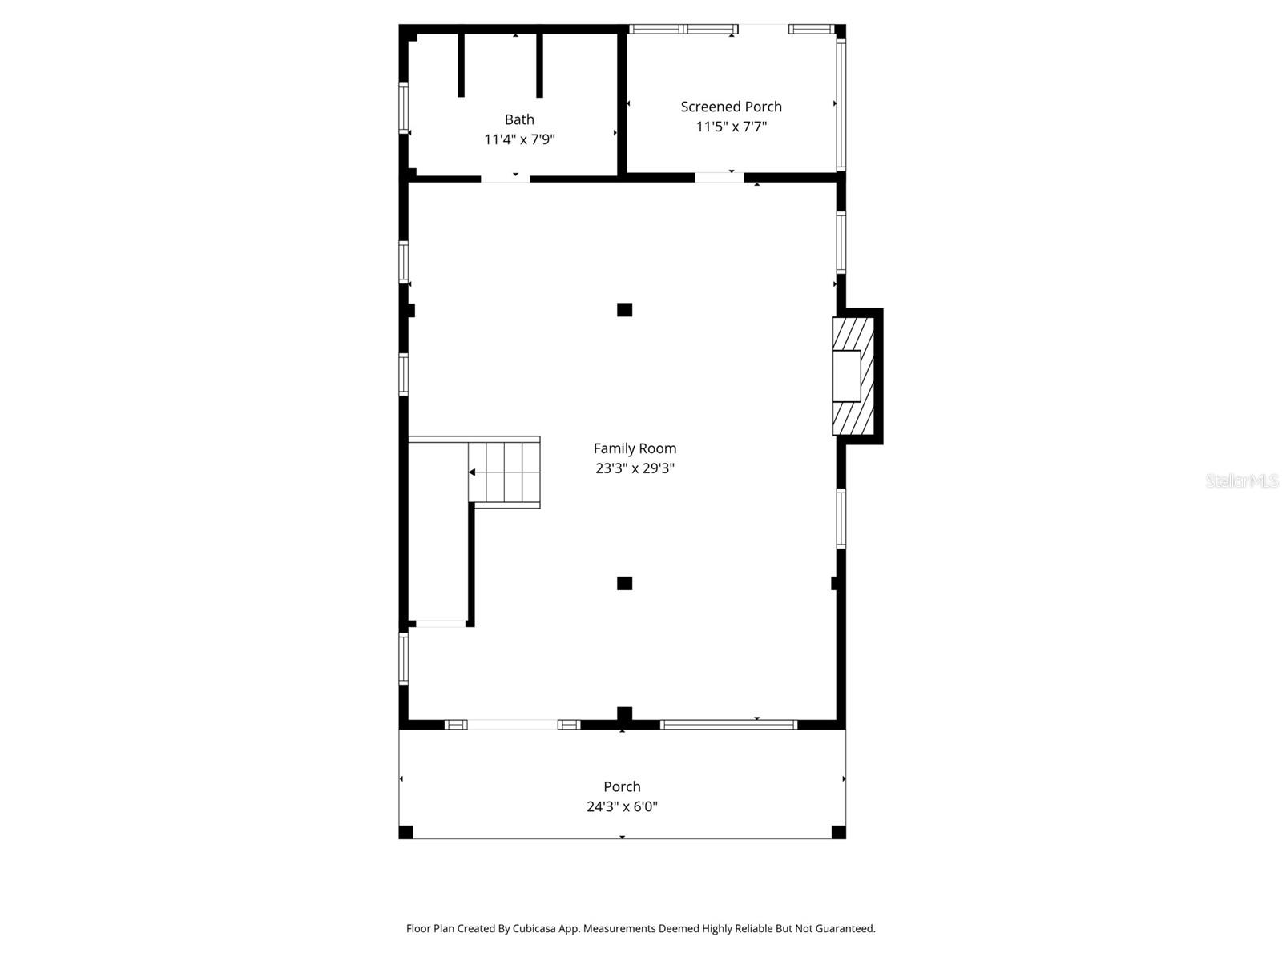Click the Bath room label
pyautogui.click(x=519, y=119)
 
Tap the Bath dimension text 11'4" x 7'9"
pyautogui.click(x=519, y=139)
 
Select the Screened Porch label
pyautogui.click(x=731, y=107)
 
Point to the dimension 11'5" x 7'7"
pyautogui.click(x=731, y=127)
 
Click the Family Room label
pyautogui.click(x=635, y=448)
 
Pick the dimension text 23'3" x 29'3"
pyautogui.click(x=635, y=468)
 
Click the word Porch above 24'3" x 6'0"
pyautogui.click(x=622, y=786)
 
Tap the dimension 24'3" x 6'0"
pyautogui.click(x=622, y=806)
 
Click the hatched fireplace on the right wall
pyautogui.click(x=853, y=376)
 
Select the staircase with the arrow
pyautogui.click(x=504, y=472)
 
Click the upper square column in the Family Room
pyautogui.click(x=624, y=310)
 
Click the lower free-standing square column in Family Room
pyautogui.click(x=624, y=583)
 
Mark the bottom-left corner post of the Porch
pyautogui.click(x=406, y=832)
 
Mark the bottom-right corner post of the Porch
pyautogui.click(x=838, y=832)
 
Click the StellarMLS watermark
pyautogui.click(x=1241, y=480)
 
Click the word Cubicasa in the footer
pyautogui.click(x=534, y=929)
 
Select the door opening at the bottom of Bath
pyautogui.click(x=506, y=178)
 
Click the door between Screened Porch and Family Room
pyautogui.click(x=719, y=178)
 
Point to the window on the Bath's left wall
pyautogui.click(x=404, y=108)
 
